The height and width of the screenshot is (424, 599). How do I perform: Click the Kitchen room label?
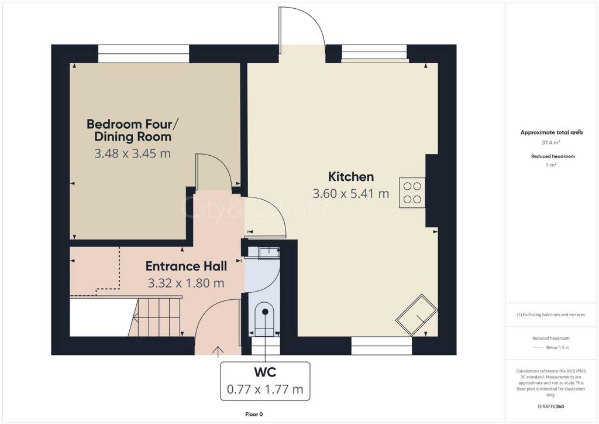point(350,176)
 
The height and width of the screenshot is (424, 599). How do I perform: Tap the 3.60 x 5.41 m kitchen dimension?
point(350,194)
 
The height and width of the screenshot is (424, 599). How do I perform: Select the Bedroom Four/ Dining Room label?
point(129,130)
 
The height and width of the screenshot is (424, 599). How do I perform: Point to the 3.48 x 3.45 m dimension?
point(132,153)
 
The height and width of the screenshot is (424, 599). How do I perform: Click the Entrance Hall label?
point(186,266)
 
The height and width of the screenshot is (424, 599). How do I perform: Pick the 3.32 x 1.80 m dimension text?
point(186,283)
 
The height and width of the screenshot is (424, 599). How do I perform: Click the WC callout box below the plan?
point(265,381)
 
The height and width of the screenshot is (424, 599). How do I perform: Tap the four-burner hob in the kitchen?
point(412,193)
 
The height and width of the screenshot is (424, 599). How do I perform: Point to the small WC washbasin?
point(270,252)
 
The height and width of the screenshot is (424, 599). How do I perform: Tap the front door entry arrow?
point(219,351)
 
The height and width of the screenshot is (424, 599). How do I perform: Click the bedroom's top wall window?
point(143,54)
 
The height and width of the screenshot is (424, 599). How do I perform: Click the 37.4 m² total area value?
point(551,142)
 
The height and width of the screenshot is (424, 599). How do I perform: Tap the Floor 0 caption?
point(254,414)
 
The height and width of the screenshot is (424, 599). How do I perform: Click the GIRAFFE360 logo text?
point(551,406)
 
